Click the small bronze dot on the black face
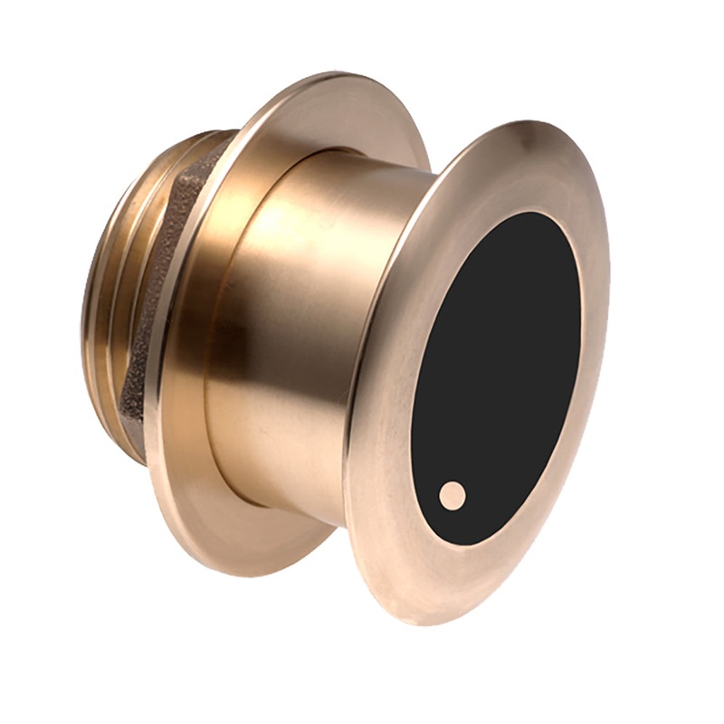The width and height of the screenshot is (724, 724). pyautogui.click(x=452, y=495)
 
